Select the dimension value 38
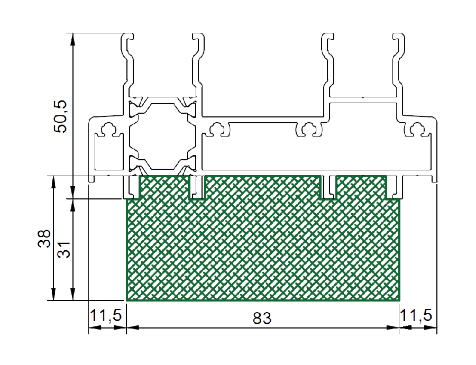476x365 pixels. click(44, 239)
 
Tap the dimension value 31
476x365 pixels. click(64, 250)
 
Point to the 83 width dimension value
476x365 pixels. click(262, 318)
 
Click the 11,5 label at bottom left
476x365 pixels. click(106, 315)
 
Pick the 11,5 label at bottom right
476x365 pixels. click(416, 315)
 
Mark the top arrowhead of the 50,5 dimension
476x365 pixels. click(72, 39)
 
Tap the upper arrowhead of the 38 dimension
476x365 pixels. click(53, 182)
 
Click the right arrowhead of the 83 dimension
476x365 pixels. click(393, 327)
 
